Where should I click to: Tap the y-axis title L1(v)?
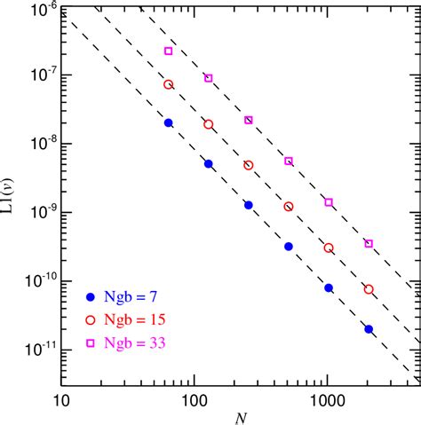[x=12, y=198]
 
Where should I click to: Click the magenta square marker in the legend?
[x=91, y=339]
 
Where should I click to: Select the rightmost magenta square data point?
[x=369, y=243]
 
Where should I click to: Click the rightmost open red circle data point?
[x=369, y=289]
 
